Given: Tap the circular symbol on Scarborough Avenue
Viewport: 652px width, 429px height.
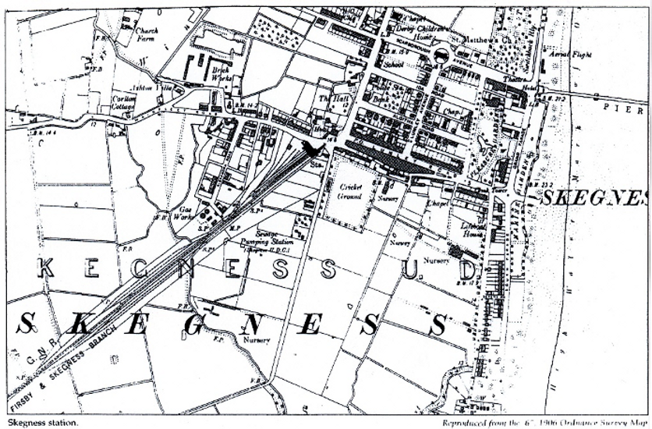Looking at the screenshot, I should [441, 55].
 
